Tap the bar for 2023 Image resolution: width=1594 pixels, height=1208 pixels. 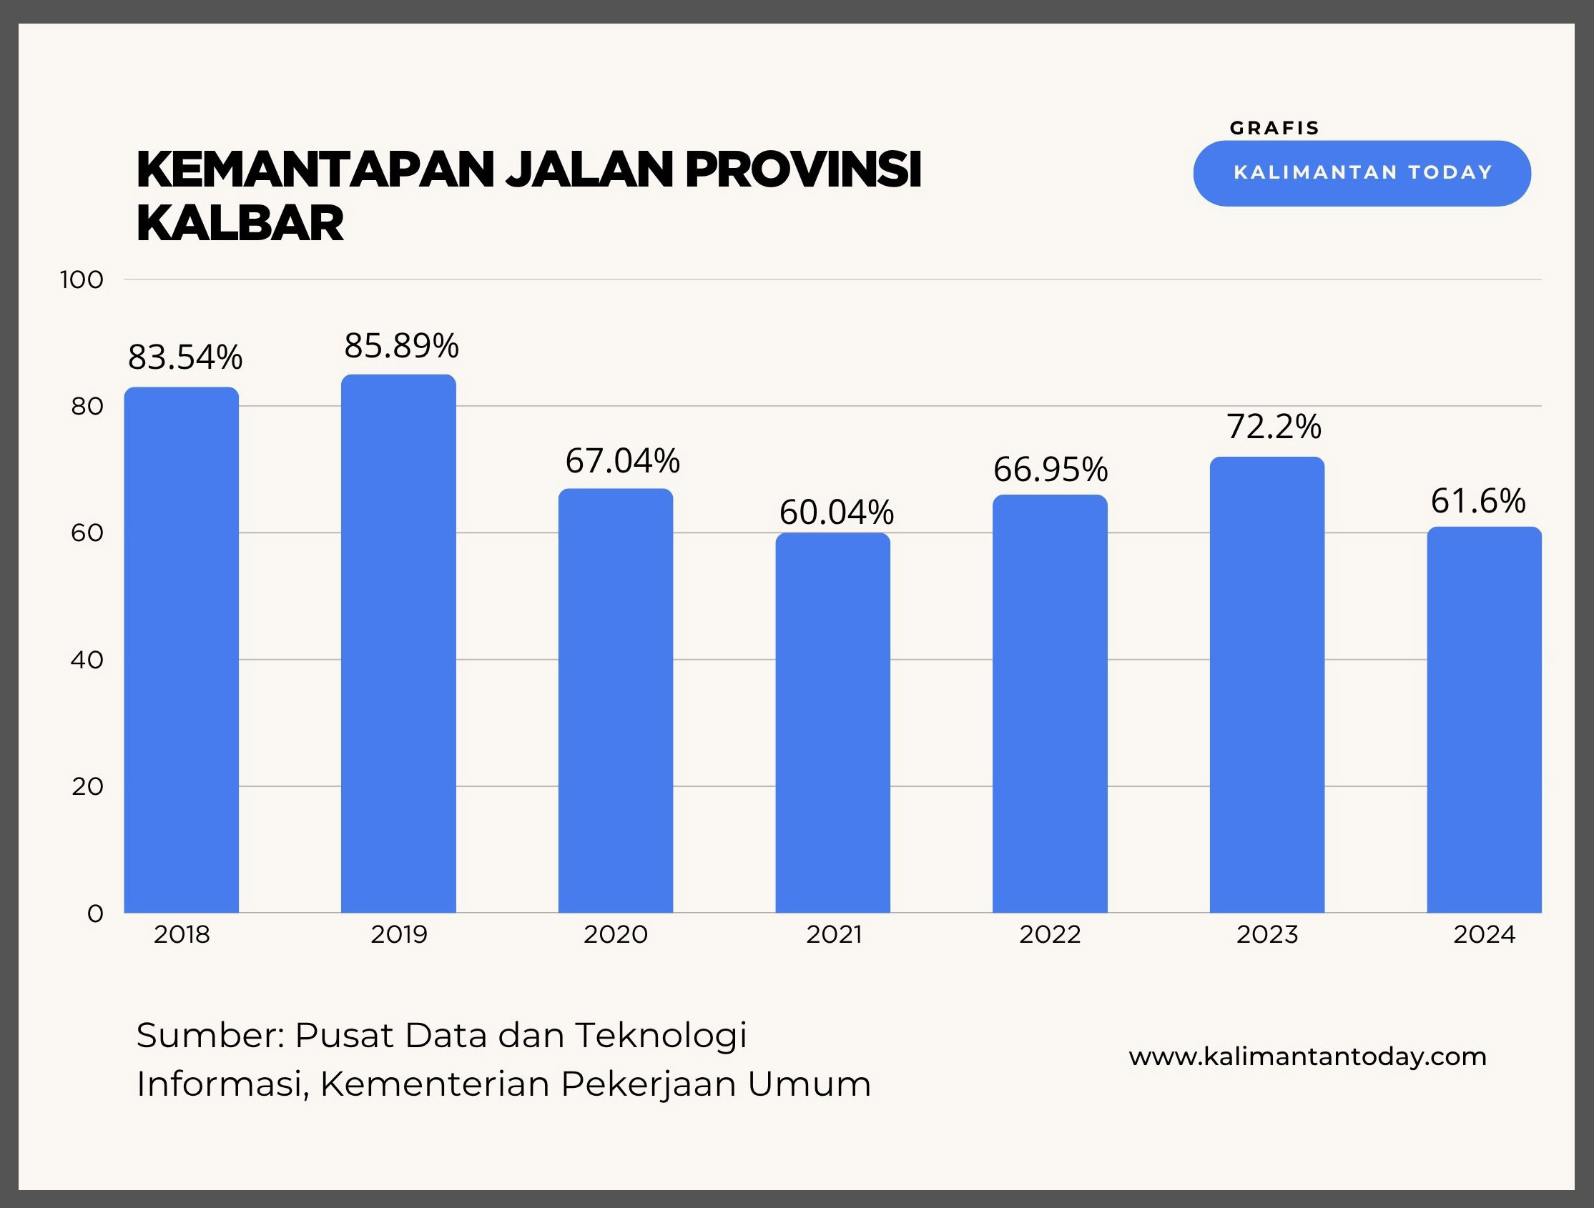coord(1267,684)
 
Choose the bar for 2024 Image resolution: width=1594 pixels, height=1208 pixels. coord(1484,720)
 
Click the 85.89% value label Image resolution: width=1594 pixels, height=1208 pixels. coord(401,347)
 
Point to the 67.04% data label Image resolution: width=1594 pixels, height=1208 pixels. coord(622,461)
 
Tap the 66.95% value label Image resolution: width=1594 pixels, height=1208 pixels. coord(1050,470)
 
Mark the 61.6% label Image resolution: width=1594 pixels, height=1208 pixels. coord(1477,501)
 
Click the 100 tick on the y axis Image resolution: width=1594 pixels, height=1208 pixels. coord(82,279)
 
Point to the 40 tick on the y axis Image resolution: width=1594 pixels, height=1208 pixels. coord(87,660)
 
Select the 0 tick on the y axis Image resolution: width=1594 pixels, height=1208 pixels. coord(95,914)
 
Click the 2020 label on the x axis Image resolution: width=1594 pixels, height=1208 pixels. coord(616,935)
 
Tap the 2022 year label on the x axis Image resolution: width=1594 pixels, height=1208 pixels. coord(1050,935)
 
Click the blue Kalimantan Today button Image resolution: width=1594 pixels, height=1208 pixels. coord(1362,173)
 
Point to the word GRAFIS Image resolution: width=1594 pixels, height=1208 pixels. coord(1274,128)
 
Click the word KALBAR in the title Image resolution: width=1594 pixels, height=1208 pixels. coord(240,223)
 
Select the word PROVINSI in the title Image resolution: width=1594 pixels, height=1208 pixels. coord(804,170)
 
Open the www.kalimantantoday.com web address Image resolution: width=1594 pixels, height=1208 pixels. coord(1307,1056)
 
